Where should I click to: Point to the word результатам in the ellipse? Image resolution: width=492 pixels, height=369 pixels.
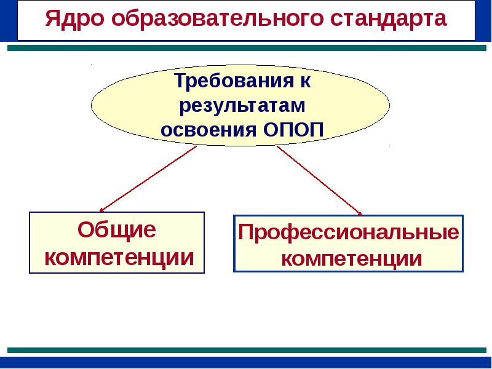(x=242, y=105)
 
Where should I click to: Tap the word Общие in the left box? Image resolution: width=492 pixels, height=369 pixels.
(x=116, y=231)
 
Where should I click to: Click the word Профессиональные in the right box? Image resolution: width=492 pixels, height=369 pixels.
(x=349, y=233)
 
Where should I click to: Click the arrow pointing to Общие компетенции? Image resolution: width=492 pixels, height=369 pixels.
(x=148, y=179)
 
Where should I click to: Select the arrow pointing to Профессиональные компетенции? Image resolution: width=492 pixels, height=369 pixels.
(x=319, y=180)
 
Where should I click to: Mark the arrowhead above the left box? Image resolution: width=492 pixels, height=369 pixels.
(x=102, y=209)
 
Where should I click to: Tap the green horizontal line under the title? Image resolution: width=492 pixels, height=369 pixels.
(x=246, y=47)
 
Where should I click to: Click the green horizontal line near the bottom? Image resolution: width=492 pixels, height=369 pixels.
(x=246, y=349)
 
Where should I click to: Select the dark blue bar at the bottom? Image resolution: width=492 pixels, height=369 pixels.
(x=246, y=362)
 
